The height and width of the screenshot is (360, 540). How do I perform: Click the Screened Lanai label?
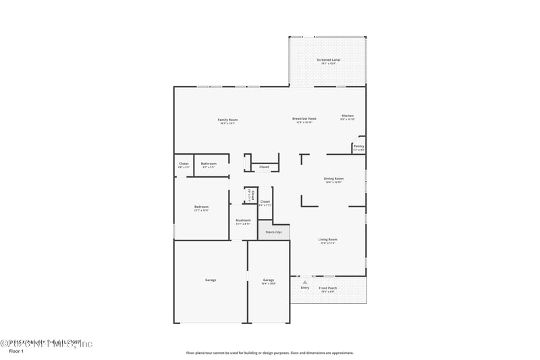[329, 59]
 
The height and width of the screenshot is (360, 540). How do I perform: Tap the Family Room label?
[228, 120]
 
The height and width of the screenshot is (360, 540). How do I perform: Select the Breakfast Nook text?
[304, 118]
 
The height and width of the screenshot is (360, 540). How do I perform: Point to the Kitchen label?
[348, 115]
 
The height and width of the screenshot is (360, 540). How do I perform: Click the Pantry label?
[358, 146]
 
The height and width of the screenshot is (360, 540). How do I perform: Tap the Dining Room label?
[334, 178]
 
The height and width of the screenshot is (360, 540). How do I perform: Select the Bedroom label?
[201, 207]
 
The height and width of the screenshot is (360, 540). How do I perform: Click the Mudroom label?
[243, 220]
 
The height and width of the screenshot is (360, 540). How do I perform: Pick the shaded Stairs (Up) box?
[273, 232]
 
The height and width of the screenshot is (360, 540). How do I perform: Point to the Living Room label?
[328, 239]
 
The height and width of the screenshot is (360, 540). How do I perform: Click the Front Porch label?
[328, 288]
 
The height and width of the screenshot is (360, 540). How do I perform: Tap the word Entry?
[305, 288]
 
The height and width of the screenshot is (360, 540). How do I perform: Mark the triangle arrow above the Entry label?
[305, 282]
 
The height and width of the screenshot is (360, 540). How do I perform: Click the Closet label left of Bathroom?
[184, 163]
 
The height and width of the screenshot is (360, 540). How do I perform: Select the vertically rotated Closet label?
[248, 195]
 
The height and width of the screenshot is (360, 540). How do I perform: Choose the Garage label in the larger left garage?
[211, 280]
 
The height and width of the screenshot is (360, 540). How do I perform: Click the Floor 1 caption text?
[16, 352]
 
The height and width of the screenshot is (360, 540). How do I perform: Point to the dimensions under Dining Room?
[334, 182]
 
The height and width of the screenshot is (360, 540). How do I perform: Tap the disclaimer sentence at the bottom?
[269, 353]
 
